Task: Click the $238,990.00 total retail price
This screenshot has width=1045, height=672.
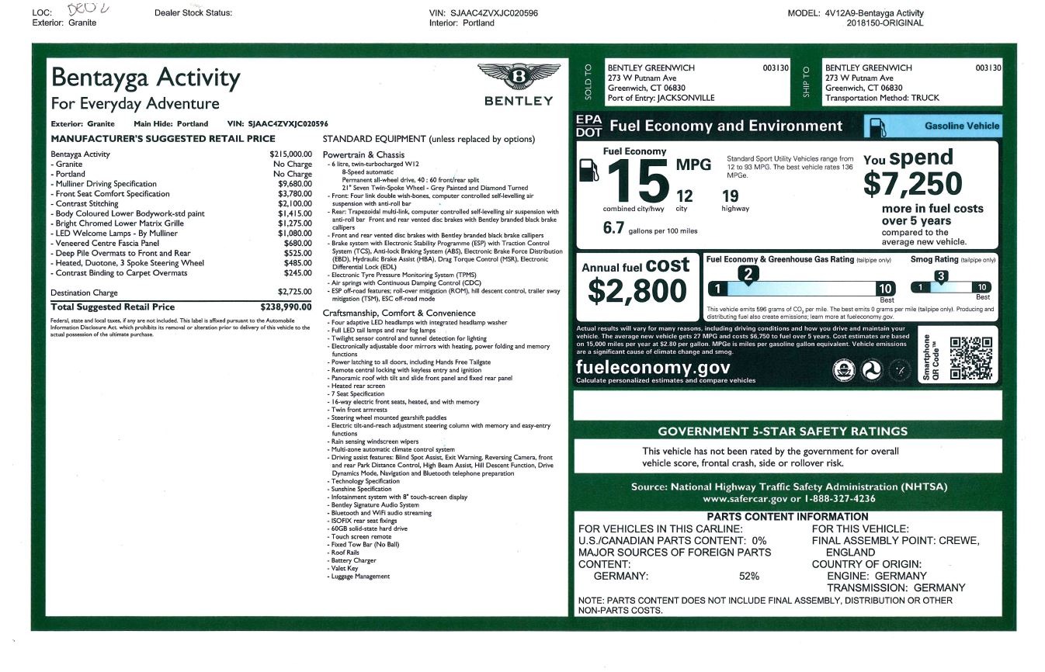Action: click(286, 307)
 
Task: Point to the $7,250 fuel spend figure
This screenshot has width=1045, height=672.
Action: click(912, 183)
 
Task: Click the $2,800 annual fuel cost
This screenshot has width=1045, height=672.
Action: click(637, 291)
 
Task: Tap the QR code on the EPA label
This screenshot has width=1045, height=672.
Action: click(970, 358)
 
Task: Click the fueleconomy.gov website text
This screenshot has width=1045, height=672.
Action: click(653, 367)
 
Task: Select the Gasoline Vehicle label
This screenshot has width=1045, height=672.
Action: click(962, 126)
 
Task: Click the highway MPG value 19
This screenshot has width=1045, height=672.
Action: click(730, 196)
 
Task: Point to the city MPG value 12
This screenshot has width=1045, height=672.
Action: click(684, 196)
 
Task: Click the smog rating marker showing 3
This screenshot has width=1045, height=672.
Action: click(940, 276)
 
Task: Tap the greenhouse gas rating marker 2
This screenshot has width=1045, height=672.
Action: click(747, 274)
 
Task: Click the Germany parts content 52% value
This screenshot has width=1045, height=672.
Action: click(749, 576)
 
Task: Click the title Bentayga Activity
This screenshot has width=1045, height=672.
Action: click(145, 78)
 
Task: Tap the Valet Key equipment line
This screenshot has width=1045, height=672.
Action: click(344, 568)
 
